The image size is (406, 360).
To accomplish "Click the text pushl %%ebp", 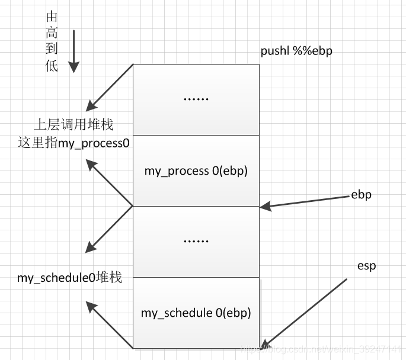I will point(296,51).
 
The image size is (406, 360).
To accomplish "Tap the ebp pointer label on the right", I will point(361,195).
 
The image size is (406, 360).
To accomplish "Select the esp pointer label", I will point(366,266).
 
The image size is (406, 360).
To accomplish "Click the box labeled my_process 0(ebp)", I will point(196,171).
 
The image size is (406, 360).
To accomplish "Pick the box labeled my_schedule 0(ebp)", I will point(196,313).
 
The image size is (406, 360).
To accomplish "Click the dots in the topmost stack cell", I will point(196,98).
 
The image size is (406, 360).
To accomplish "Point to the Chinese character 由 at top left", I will point(52,18).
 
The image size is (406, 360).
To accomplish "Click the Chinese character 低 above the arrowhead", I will point(52,66).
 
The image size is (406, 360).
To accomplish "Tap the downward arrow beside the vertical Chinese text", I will point(74,50).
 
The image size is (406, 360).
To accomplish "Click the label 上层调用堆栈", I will point(73,125).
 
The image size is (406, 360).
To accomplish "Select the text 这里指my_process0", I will point(73,143).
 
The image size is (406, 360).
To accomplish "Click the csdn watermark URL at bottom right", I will point(323,351).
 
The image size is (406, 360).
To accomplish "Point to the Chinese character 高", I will point(52,34).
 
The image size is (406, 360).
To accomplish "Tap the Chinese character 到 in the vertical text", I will point(52,50).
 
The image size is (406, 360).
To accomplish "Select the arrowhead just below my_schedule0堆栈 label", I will point(91,306).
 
